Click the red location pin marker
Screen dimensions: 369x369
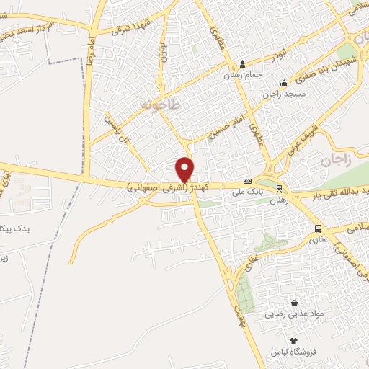click(185, 169)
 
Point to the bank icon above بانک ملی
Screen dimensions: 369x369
click(247, 181)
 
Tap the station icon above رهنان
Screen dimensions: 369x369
click(279, 188)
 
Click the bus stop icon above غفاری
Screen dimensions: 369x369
click(318, 228)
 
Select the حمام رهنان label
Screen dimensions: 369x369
click(241, 74)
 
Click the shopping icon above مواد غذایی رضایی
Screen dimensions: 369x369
click(293, 303)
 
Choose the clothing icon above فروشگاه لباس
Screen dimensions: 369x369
click(293, 341)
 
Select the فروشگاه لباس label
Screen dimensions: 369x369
click(293, 352)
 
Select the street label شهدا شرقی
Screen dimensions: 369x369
click(130, 27)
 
